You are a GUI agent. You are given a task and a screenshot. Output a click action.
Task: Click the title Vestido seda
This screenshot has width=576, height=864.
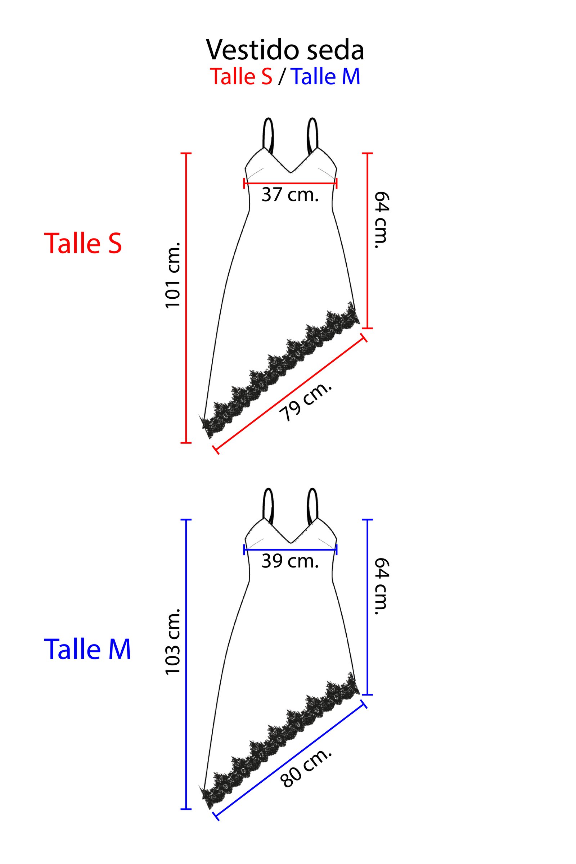(285, 50)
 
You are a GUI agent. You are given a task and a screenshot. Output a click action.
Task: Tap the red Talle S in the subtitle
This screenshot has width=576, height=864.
(241, 76)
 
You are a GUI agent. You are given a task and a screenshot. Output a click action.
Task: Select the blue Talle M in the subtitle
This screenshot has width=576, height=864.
(325, 76)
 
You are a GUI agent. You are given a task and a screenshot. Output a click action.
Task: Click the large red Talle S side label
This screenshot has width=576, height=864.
(83, 243)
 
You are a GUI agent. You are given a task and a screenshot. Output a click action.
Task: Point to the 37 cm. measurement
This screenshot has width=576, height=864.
(290, 195)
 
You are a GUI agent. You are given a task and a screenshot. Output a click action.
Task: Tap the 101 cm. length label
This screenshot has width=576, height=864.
(173, 275)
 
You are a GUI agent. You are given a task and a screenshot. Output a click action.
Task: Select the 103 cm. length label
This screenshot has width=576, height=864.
(173, 641)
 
